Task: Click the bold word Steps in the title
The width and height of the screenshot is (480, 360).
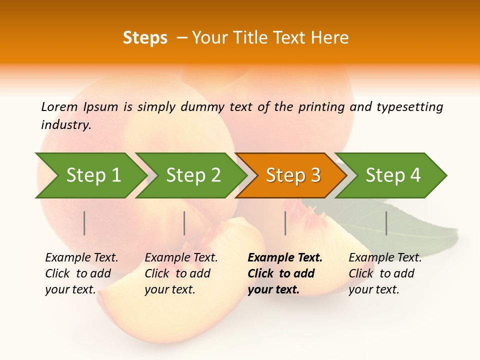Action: tap(145, 38)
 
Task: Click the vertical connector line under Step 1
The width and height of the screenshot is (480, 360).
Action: tap(84, 223)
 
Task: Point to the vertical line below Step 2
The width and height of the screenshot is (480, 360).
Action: tap(184, 223)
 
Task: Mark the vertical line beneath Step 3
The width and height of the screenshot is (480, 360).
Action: tap(285, 223)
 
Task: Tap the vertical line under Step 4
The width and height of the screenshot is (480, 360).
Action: tap(386, 223)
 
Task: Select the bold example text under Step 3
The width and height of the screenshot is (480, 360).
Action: tap(285, 273)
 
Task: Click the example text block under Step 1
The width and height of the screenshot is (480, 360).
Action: tap(81, 273)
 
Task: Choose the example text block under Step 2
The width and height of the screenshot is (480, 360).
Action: tap(181, 273)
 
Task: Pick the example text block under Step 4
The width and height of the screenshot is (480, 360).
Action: tap(385, 273)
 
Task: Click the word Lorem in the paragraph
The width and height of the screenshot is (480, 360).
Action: tap(59, 106)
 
